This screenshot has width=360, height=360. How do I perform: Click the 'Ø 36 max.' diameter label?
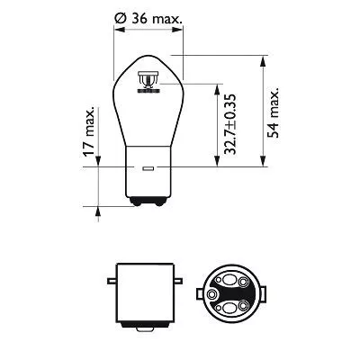(149, 16)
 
